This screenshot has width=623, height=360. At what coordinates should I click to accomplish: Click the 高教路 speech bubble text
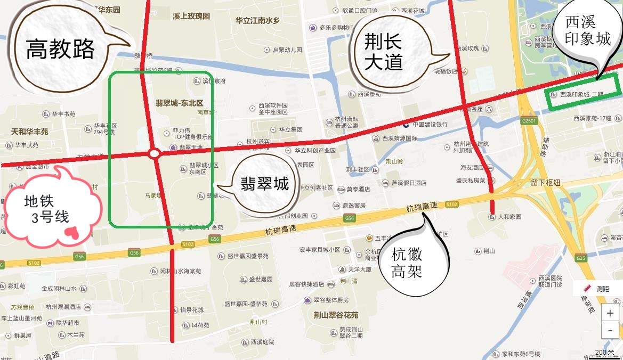point(60,50)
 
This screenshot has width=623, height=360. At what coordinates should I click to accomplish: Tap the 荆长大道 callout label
point(383,52)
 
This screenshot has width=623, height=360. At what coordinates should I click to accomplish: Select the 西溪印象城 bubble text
point(588,30)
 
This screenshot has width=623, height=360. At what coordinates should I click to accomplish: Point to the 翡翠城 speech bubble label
point(264,184)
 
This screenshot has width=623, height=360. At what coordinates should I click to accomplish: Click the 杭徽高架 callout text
point(407,263)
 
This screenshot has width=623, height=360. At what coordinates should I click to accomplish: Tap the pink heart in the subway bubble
point(71,232)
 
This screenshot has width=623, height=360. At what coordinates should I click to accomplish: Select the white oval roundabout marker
point(154,154)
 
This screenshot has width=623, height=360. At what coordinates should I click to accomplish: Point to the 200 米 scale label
point(604,352)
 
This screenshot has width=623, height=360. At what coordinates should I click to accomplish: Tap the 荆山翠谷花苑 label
point(336,315)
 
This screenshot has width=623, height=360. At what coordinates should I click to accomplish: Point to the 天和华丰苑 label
point(30,131)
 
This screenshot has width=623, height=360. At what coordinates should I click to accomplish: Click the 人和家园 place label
point(509,217)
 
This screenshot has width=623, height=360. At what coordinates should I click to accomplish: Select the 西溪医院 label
point(549,278)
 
